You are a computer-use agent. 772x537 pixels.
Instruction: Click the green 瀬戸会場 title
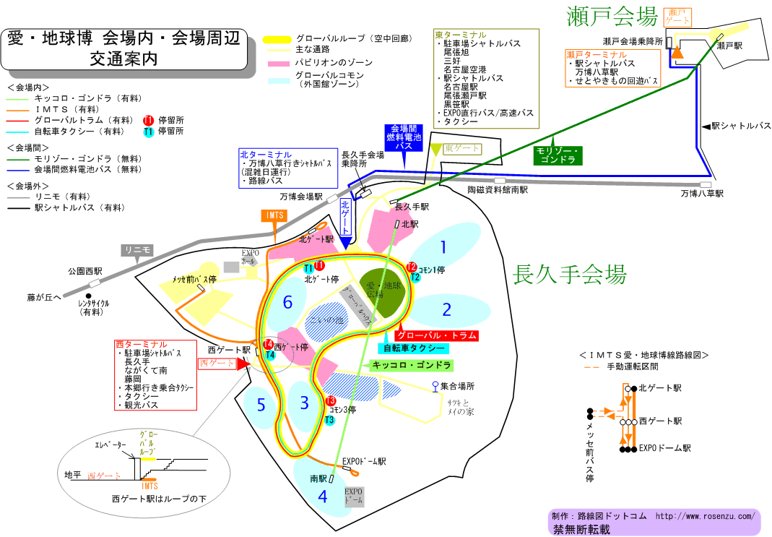pyautogui.click(x=613, y=15)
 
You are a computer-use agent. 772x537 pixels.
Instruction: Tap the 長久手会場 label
pyautogui.click(x=569, y=275)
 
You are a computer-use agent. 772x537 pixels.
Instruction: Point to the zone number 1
pyautogui.click(x=443, y=248)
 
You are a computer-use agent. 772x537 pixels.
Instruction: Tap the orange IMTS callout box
pyautogui.click(x=274, y=215)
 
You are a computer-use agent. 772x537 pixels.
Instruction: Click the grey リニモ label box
pyautogui.click(x=137, y=251)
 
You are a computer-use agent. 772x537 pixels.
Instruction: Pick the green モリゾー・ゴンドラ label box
pyautogui.click(x=558, y=154)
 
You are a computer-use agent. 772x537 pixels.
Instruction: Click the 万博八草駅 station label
pyautogui.click(x=701, y=194)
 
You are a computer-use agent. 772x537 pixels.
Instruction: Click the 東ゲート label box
pyautogui.click(x=462, y=148)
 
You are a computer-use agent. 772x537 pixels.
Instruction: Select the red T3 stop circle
pyautogui.click(x=331, y=401)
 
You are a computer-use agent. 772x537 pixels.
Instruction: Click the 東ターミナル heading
pyautogui.click(x=460, y=34)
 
